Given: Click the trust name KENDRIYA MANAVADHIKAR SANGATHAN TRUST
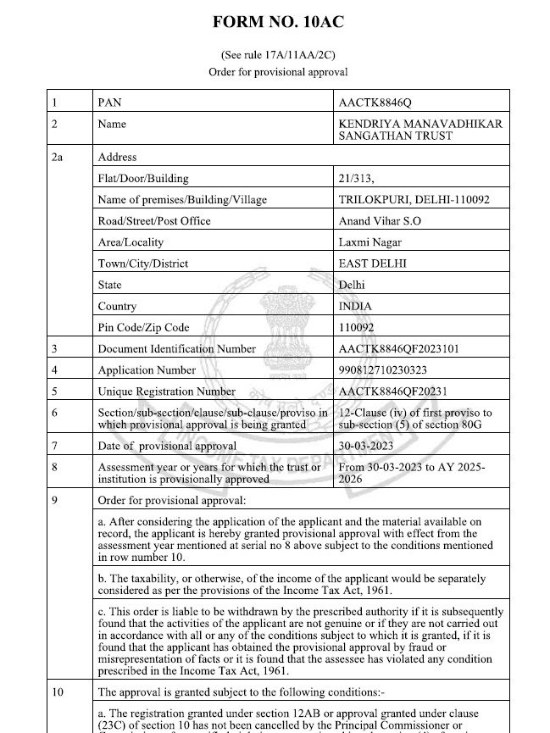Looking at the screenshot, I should click(419, 130).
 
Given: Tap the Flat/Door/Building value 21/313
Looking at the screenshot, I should click(356, 179).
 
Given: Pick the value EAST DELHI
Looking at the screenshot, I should click(372, 264).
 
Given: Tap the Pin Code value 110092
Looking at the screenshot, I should click(356, 327).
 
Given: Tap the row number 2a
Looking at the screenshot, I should click(57, 157).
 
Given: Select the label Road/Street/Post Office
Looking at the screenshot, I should click(154, 221).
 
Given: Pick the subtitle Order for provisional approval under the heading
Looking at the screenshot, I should click(278, 72).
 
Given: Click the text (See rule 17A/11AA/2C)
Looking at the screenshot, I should click(278, 55).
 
